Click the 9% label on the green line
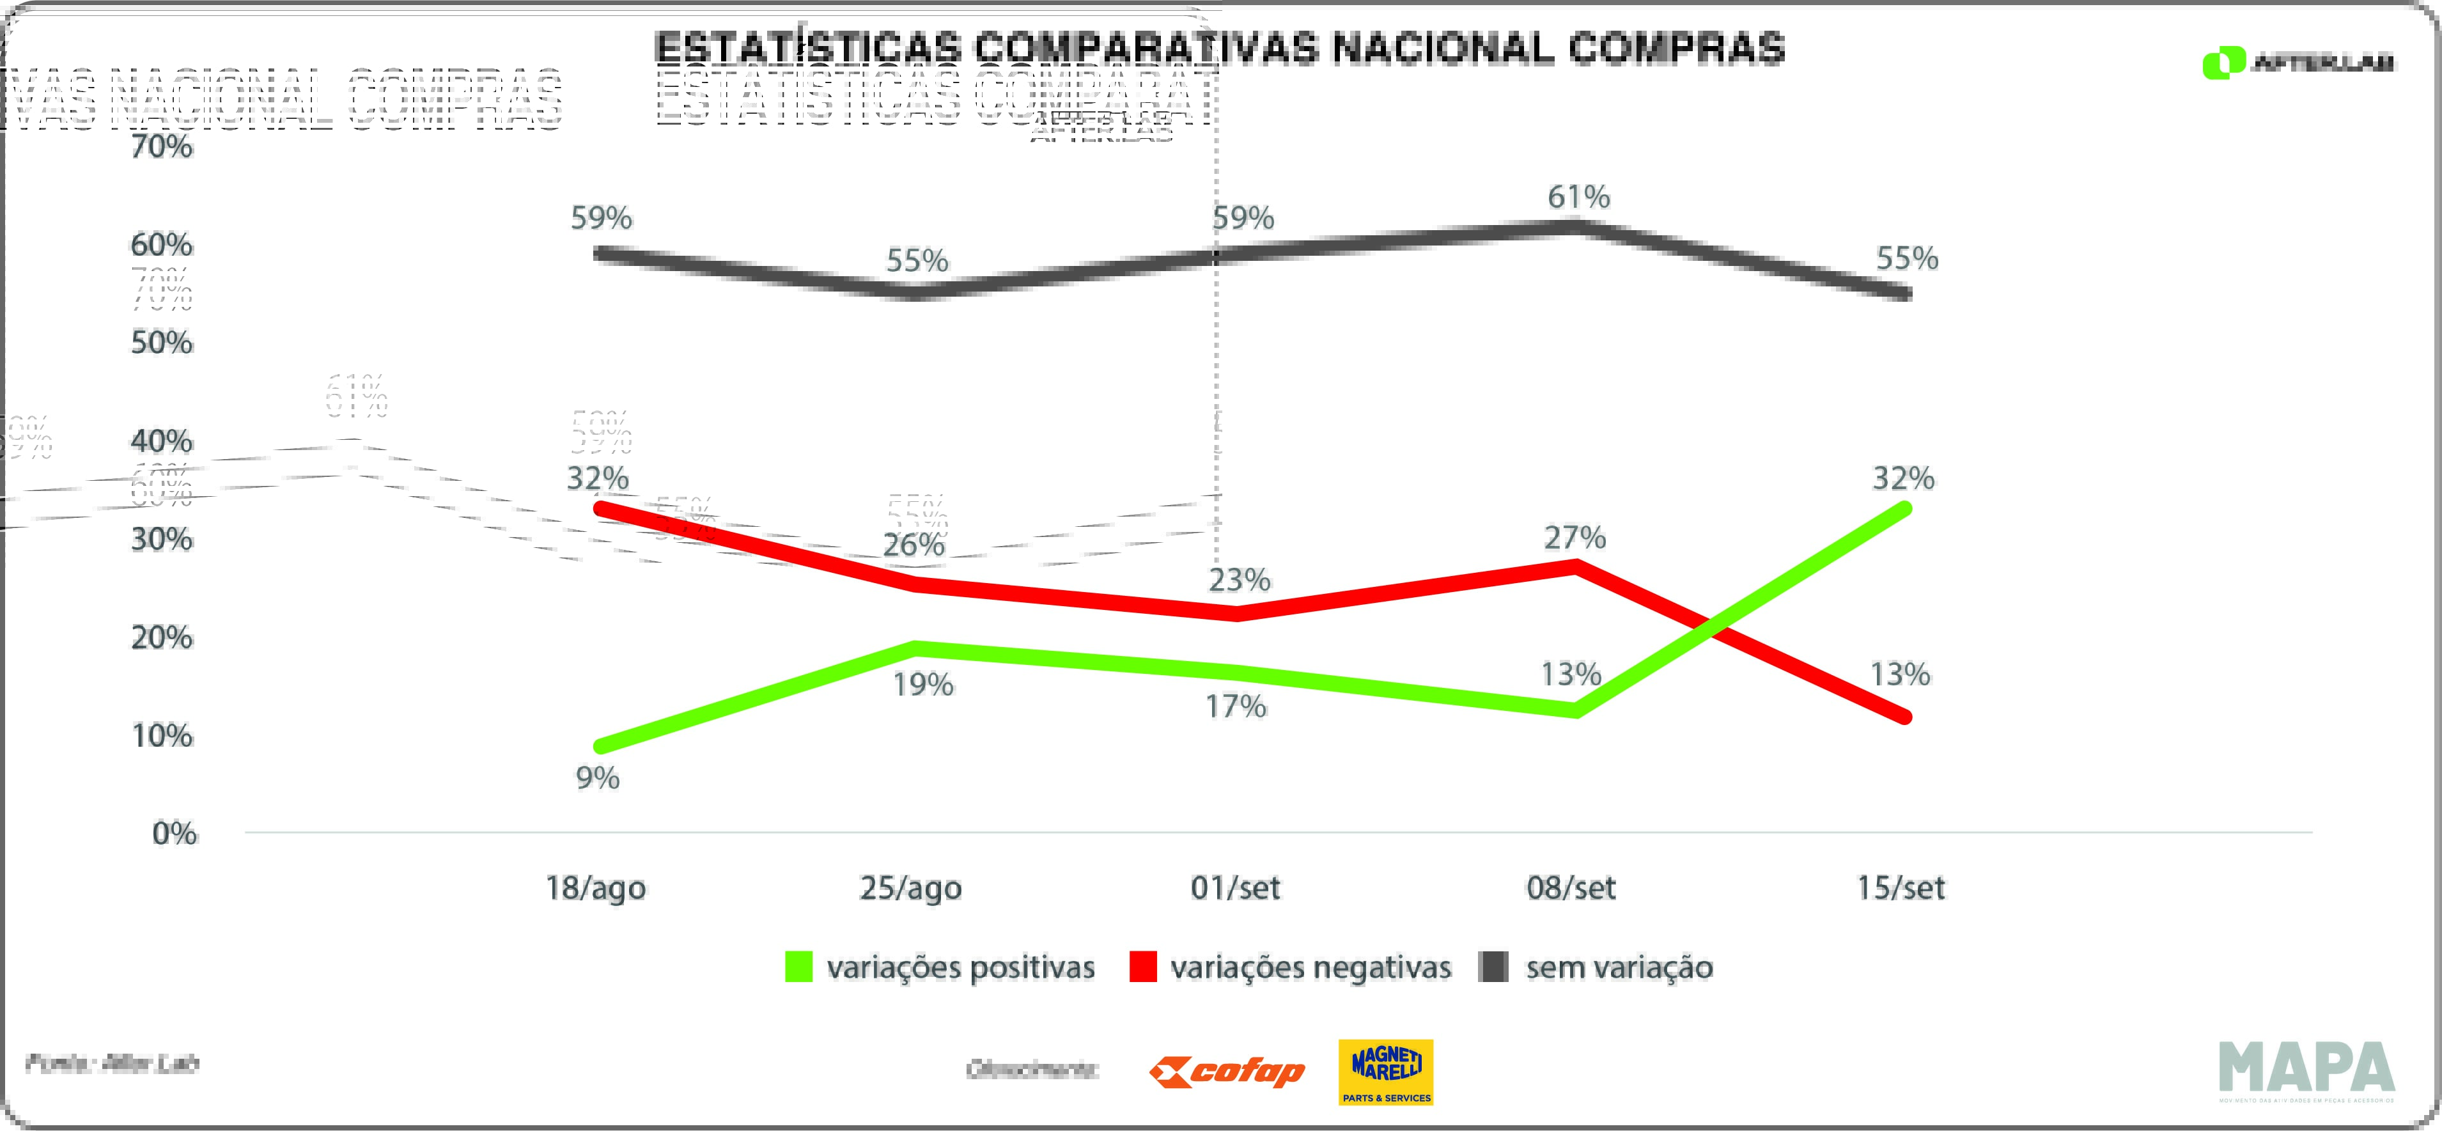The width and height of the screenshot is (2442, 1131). pyautogui.click(x=597, y=778)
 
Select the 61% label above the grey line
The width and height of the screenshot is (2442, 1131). pyautogui.click(x=1578, y=197)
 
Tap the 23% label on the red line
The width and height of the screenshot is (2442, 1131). pyautogui.click(x=1239, y=579)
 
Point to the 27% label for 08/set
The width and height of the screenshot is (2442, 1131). pyautogui.click(x=1575, y=538)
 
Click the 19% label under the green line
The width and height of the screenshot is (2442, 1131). pyautogui.click(x=922, y=683)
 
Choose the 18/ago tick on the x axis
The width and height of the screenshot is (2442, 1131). pyautogui.click(x=595, y=887)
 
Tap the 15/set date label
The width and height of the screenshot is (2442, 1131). pyautogui.click(x=1900, y=887)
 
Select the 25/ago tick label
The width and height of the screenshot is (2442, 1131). pyautogui.click(x=910, y=887)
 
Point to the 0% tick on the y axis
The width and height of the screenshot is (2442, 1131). pyautogui.click(x=175, y=833)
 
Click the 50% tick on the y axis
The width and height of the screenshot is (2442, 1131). pyautogui.click(x=161, y=342)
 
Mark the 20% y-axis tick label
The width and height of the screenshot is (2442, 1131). pyautogui.click(x=161, y=637)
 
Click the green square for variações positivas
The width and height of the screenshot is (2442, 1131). pyautogui.click(x=798, y=967)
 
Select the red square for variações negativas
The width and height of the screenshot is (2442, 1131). pyautogui.click(x=1142, y=967)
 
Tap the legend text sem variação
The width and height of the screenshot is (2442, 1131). pyautogui.click(x=1619, y=967)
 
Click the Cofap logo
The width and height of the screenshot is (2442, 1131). pyautogui.click(x=1227, y=1072)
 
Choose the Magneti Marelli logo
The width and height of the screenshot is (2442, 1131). pyautogui.click(x=1385, y=1072)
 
